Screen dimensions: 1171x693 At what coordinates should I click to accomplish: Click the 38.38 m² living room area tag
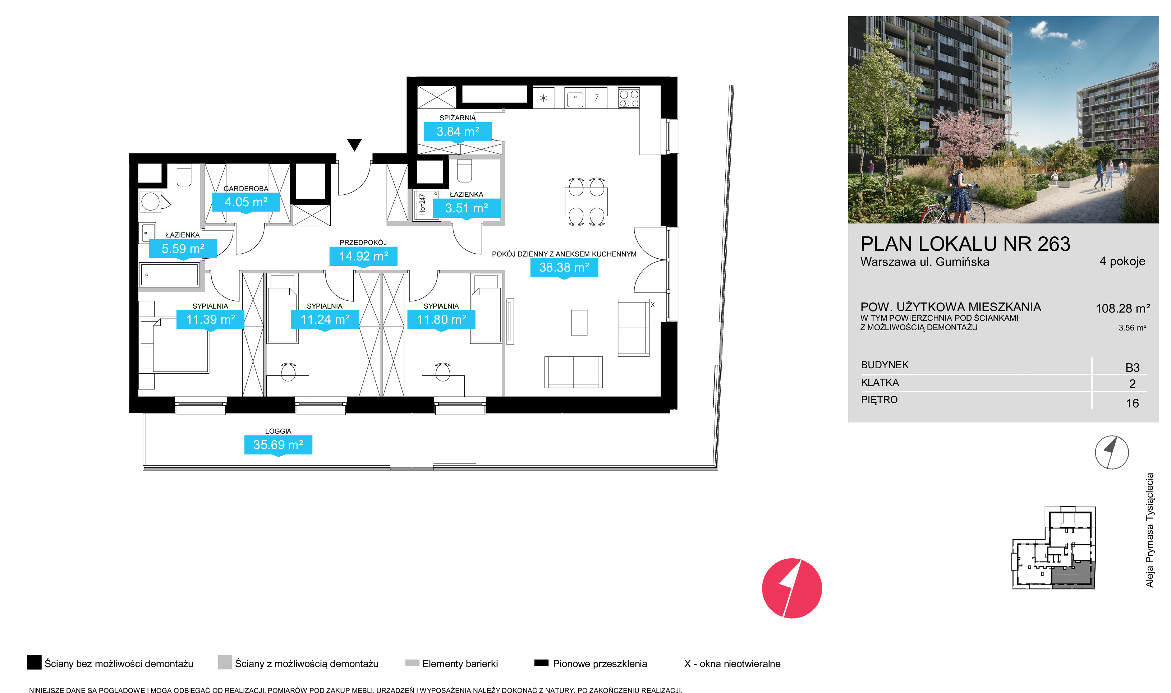(x=564, y=268)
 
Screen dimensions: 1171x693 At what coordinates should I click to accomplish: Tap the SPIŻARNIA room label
(x=457, y=118)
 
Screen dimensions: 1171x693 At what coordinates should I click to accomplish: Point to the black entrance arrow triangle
(x=354, y=145)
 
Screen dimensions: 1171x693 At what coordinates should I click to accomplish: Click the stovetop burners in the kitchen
(x=629, y=98)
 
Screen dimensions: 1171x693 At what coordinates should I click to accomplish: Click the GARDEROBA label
(x=246, y=189)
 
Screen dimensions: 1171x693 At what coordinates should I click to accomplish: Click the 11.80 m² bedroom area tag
(x=441, y=320)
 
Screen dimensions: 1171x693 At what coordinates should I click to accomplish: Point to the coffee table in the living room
(x=579, y=323)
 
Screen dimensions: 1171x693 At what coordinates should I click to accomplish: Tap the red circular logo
(x=792, y=588)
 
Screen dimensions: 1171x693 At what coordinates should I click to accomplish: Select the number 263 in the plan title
(x=1053, y=244)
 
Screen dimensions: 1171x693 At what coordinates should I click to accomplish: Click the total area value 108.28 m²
(x=1122, y=308)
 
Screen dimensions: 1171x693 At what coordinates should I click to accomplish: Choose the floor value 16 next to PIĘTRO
(x=1132, y=403)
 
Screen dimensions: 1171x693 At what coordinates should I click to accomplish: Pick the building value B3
(x=1132, y=368)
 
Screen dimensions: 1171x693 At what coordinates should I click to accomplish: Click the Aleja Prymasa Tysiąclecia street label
(x=1149, y=530)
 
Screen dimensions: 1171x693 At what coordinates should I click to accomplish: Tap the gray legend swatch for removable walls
(x=225, y=662)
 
